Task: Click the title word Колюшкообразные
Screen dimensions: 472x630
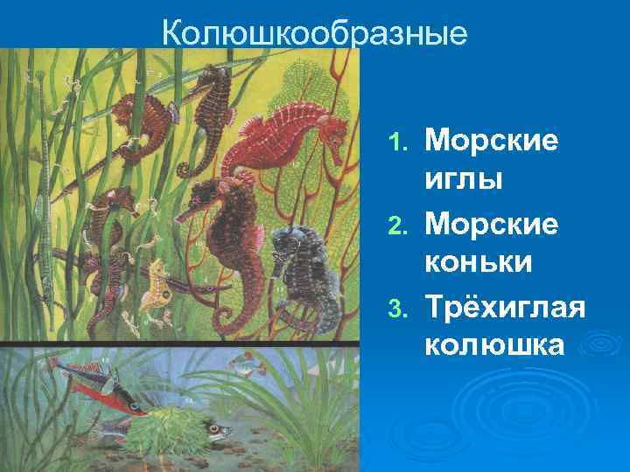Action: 315,32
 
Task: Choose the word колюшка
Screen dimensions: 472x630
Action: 495,345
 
